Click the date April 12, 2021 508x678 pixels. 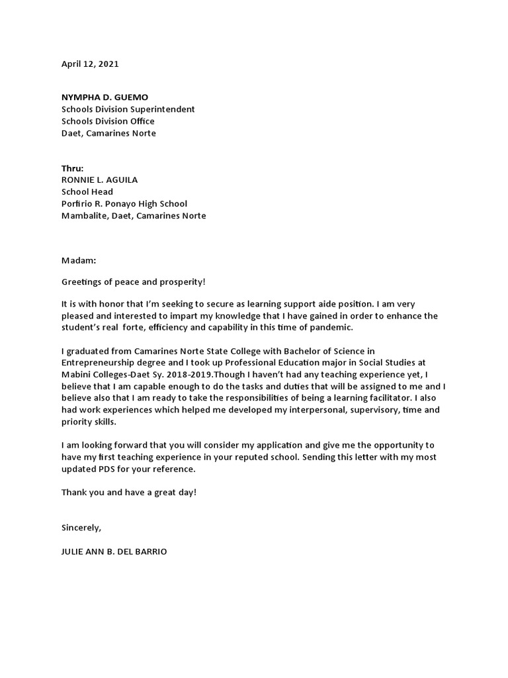pos(90,64)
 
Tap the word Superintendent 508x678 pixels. pos(163,109)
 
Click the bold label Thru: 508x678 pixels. pos(73,168)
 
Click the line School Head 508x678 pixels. pos(87,192)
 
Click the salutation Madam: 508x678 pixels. pos(79,260)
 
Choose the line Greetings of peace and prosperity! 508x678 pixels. pos(134,282)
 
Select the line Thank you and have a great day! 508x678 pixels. pos(129,493)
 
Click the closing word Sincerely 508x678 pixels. pos(81,528)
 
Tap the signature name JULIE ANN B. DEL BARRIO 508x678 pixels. pos(114,552)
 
